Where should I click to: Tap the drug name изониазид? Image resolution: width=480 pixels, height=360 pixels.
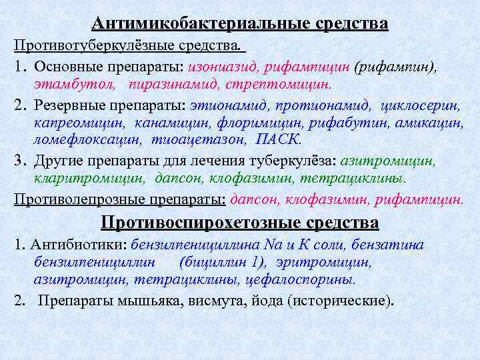coord(223,67)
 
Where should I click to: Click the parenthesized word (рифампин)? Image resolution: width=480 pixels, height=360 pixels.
coord(395,67)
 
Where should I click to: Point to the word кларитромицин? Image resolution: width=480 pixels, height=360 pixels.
coord(90,178)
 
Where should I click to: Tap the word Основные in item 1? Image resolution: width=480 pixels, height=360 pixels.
coord(63,67)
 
